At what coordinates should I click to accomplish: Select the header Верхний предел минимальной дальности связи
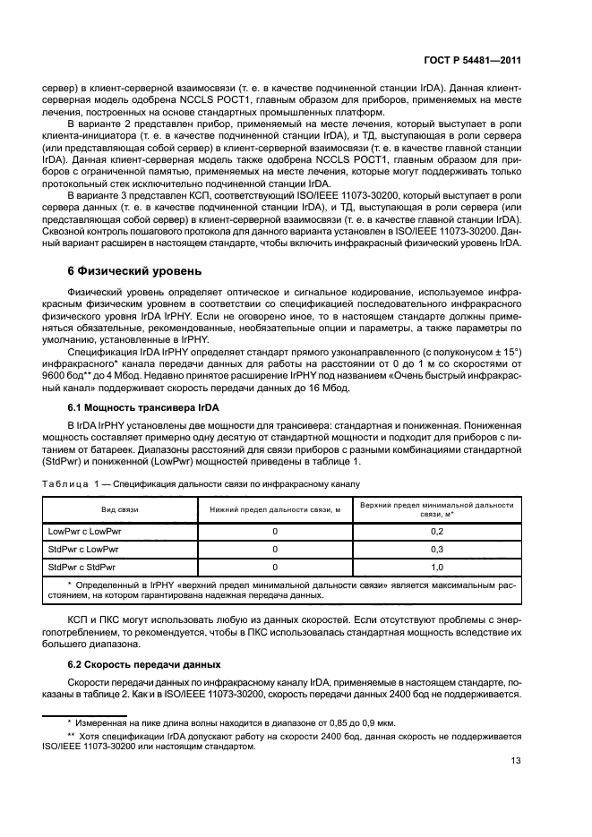[438, 508]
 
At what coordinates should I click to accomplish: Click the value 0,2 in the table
[438, 532]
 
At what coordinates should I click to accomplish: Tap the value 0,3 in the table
[438, 550]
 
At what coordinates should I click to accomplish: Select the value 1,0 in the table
[438, 568]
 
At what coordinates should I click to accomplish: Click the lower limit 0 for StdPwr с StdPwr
[276, 568]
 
